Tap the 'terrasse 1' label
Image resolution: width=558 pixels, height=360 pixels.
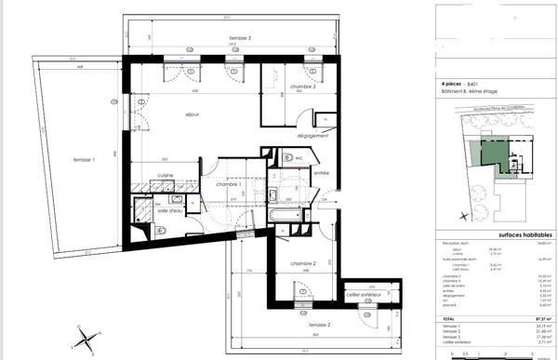click(x=87, y=161)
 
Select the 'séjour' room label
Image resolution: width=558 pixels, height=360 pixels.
click(x=193, y=114)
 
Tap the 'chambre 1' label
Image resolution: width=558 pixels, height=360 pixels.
click(x=228, y=184)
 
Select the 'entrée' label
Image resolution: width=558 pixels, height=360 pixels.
click(x=322, y=173)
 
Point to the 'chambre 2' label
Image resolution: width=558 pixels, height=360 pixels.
click(x=301, y=263)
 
